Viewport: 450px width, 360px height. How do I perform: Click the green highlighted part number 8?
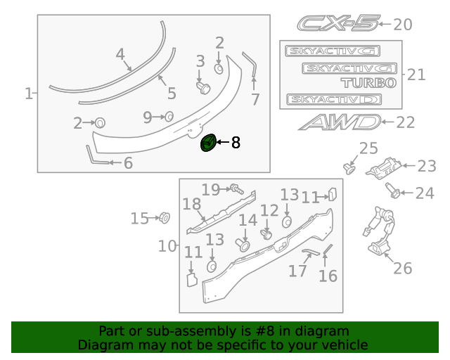(x=209, y=143)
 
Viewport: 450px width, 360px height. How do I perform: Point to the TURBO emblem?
(x=370, y=82)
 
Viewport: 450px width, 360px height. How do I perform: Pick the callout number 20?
(x=402, y=25)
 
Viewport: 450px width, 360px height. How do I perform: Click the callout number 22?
(x=406, y=122)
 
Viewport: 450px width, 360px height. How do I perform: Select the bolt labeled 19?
(x=236, y=188)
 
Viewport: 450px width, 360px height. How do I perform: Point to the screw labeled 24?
(x=393, y=190)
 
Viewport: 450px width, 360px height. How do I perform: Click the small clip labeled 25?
(x=348, y=167)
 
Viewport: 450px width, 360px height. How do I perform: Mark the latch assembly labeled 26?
(x=378, y=236)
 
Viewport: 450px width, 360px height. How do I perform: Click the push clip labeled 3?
(x=203, y=86)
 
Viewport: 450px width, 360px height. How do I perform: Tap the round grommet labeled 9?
(x=169, y=117)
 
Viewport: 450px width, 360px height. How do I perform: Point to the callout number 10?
(x=167, y=246)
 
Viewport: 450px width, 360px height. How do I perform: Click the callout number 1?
(x=29, y=93)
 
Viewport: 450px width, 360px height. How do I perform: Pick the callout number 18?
(x=192, y=205)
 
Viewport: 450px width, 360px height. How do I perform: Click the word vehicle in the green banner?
(x=345, y=345)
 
